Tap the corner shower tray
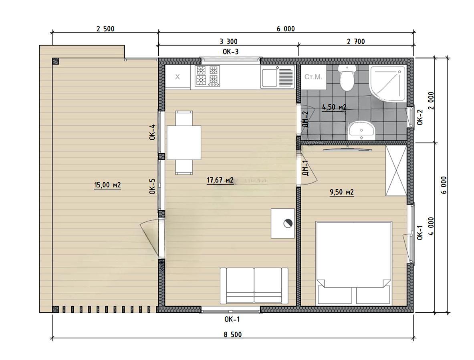pyautogui.click(x=387, y=84)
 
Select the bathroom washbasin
pyautogui.click(x=361, y=131)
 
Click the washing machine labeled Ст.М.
pyautogui.click(x=313, y=77)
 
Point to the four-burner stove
pyautogui.click(x=207, y=76)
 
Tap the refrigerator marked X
pyautogui.click(x=177, y=77)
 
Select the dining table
pyautogui.click(x=184, y=143)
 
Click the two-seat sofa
pyautogui.click(x=254, y=286)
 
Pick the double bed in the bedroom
pyautogui.click(x=353, y=263)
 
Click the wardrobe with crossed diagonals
pyautogui.click(x=396, y=171)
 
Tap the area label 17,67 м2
pyautogui.click(x=220, y=180)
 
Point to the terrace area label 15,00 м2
pyautogui.click(x=107, y=185)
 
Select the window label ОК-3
pyautogui.click(x=231, y=52)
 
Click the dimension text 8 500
pyautogui.click(x=233, y=334)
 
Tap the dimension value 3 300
pyautogui.click(x=228, y=41)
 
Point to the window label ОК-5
pyautogui.click(x=152, y=186)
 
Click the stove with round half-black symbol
pyautogui.click(x=282, y=223)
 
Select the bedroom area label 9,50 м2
pyautogui.click(x=342, y=192)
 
